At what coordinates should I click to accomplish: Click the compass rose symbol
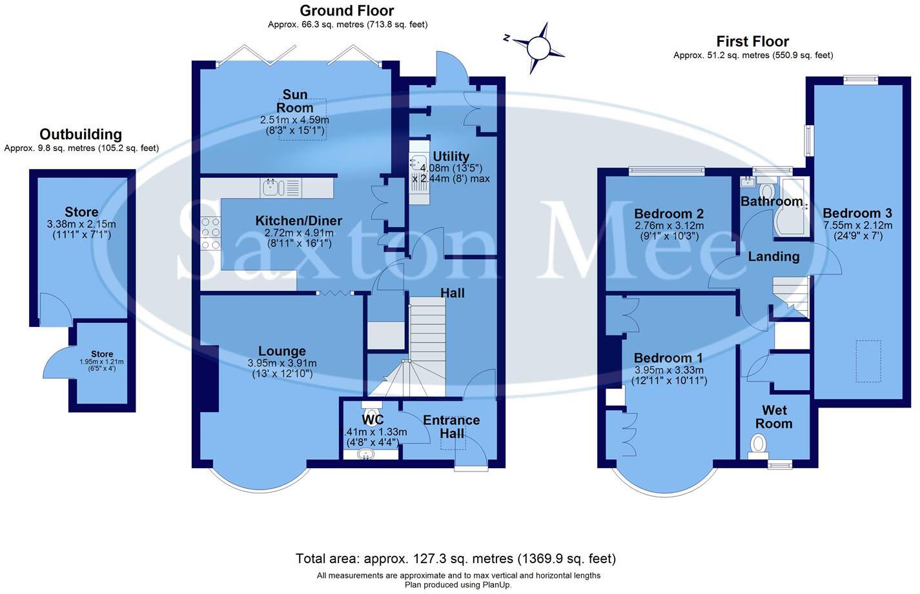537,47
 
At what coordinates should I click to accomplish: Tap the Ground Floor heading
347,10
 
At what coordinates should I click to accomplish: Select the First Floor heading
752,41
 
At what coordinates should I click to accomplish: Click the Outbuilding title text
81,134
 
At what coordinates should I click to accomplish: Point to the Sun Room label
295,101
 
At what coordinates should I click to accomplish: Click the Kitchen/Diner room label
298,221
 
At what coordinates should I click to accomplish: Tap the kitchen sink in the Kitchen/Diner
271,188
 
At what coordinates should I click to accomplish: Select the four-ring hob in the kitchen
210,233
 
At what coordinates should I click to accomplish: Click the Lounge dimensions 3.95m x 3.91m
282,363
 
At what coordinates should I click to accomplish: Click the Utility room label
451,156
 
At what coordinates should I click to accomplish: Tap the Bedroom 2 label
668,213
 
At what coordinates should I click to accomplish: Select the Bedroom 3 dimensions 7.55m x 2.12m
857,225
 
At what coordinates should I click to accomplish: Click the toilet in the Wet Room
758,444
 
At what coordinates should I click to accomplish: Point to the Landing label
773,257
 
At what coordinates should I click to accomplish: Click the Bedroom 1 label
668,358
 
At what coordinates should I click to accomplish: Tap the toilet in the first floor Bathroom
768,191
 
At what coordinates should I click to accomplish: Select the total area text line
456,559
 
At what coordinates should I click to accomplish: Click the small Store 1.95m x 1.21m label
102,354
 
